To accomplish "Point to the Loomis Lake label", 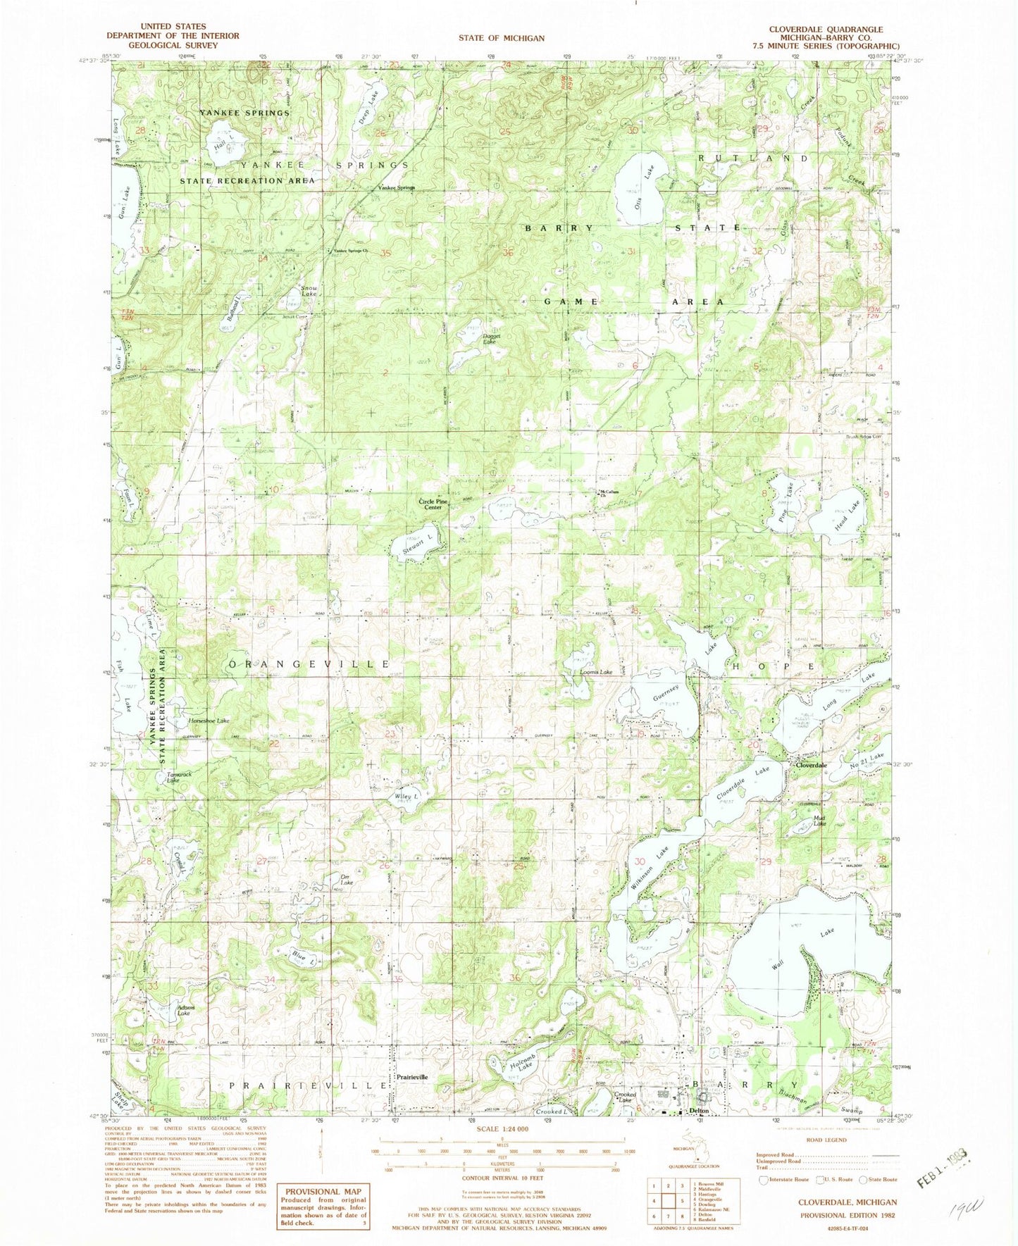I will tap(595, 672).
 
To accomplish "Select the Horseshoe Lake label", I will tap(209, 721).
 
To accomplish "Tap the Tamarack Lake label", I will tap(175, 778).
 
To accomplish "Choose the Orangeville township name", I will tap(309, 664).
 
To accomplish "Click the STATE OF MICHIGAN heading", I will tap(501, 38).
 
